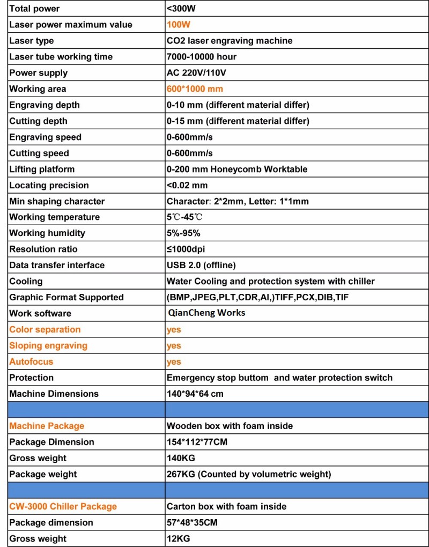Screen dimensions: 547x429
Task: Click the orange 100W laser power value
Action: pyautogui.click(x=179, y=25)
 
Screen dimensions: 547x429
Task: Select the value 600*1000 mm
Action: pyautogui.click(x=195, y=89)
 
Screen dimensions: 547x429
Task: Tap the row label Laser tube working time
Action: pyautogui.click(x=61, y=57)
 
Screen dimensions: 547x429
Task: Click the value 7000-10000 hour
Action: pyautogui.click(x=202, y=57)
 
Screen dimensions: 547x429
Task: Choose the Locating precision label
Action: pyautogui.click(x=49, y=186)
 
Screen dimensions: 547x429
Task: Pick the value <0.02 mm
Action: pyautogui.click(x=187, y=186)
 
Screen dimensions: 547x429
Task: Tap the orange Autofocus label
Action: pyautogui.click(x=31, y=362)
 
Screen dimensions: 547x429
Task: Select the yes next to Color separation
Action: pyautogui.click(x=174, y=330)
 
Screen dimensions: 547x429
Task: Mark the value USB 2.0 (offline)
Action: pyautogui.click(x=201, y=265)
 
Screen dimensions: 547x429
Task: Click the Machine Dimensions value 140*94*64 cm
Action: pyautogui.click(x=195, y=394)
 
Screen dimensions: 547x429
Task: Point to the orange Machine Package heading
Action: pyautogui.click(x=47, y=426)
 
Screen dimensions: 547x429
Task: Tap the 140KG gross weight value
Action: pyautogui.click(x=181, y=459)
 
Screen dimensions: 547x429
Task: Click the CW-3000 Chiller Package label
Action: pyautogui.click(x=63, y=507)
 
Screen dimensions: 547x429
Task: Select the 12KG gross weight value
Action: pyautogui.click(x=178, y=539)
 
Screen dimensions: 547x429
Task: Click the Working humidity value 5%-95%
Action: pyautogui.click(x=183, y=233)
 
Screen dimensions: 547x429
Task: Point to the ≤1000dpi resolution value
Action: pyautogui.click(x=186, y=249)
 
